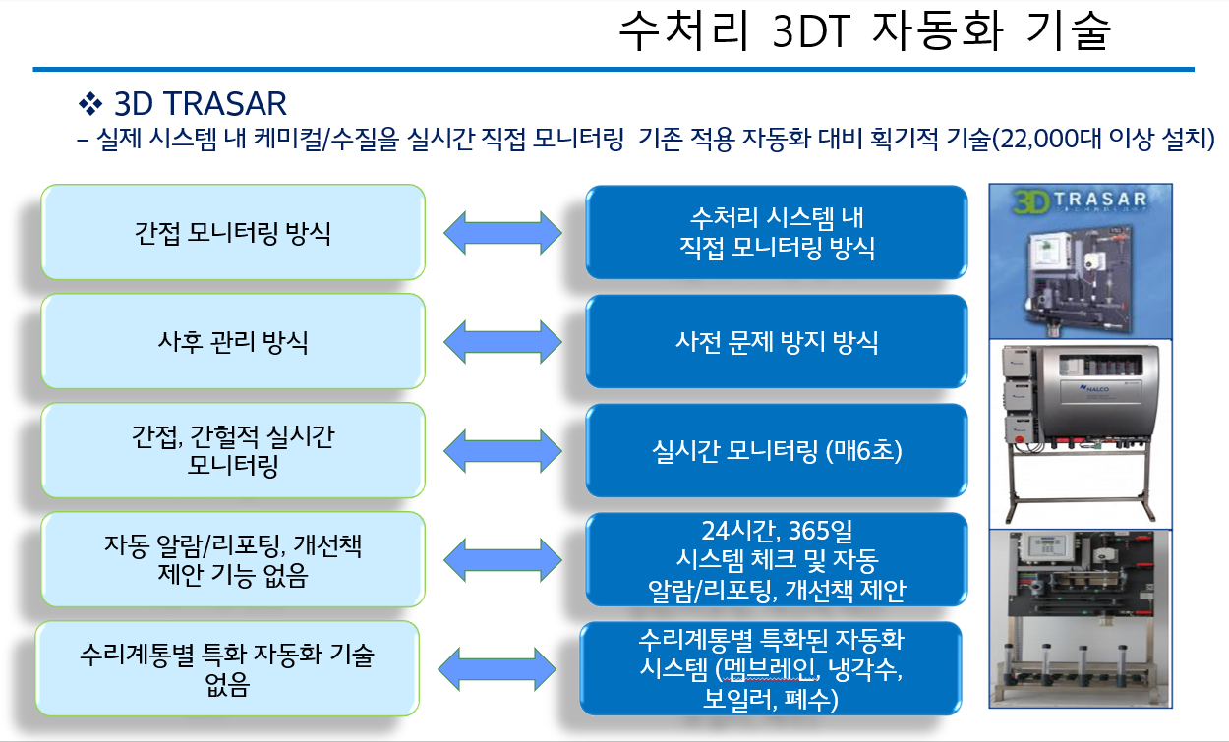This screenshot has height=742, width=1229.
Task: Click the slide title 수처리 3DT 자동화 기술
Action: (864, 32)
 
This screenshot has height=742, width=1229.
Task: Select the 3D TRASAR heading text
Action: (201, 103)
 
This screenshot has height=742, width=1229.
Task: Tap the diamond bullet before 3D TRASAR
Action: (89, 103)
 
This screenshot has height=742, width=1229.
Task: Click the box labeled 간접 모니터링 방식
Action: (233, 233)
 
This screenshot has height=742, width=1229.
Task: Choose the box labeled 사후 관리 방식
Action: (233, 342)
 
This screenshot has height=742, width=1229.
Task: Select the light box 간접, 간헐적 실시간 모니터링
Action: (233, 451)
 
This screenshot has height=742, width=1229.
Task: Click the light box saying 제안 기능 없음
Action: (233, 560)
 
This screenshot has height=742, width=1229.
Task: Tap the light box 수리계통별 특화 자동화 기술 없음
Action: (227, 669)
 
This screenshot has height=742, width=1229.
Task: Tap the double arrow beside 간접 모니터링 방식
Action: (502, 233)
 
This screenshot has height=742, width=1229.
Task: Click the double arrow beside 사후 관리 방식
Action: (502, 342)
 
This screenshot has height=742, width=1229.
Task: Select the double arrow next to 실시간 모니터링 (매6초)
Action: (502, 451)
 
